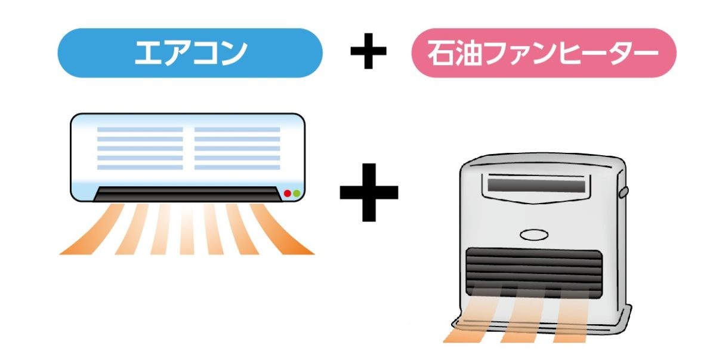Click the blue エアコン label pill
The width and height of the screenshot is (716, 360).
point(190,53)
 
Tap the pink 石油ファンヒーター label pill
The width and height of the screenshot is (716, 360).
point(544,53)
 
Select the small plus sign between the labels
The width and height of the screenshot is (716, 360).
point(368,51)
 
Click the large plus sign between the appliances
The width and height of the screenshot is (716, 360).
point(369,192)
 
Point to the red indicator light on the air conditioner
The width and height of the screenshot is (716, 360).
point(288,193)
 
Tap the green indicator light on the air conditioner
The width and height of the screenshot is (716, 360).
point(297,193)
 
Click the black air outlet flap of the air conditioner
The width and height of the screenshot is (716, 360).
point(187,194)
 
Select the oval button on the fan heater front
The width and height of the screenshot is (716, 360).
point(534,235)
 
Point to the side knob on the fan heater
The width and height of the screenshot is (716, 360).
point(624,192)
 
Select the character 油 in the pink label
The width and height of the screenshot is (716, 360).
point(468,53)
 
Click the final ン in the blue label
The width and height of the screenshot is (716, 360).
point(234,53)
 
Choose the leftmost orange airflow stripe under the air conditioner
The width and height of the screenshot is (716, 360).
point(92,229)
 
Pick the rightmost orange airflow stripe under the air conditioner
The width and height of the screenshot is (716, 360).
point(281,229)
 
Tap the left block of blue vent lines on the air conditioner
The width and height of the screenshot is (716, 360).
point(140,148)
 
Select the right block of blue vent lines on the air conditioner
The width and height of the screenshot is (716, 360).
point(237,148)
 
